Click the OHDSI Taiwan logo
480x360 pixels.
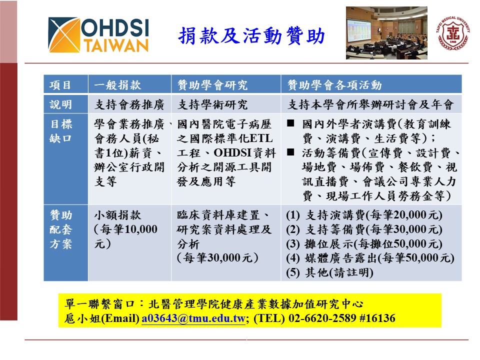(98, 35)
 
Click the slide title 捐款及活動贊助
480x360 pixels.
(251, 36)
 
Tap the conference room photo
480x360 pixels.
(386, 32)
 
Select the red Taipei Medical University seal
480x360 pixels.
(453, 33)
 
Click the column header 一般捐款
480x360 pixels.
(118, 85)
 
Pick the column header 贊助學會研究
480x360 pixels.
(212, 85)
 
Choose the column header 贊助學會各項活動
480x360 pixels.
(334, 85)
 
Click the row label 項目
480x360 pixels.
(60, 85)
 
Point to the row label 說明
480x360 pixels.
(60, 105)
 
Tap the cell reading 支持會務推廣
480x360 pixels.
(129, 105)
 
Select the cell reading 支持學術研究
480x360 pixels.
(212, 105)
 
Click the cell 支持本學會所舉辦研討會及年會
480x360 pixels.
(371, 105)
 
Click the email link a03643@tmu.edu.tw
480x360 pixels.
(193, 318)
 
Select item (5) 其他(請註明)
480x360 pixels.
(329, 273)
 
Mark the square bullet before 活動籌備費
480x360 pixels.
(291, 152)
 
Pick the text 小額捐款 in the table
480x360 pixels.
(118, 215)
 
